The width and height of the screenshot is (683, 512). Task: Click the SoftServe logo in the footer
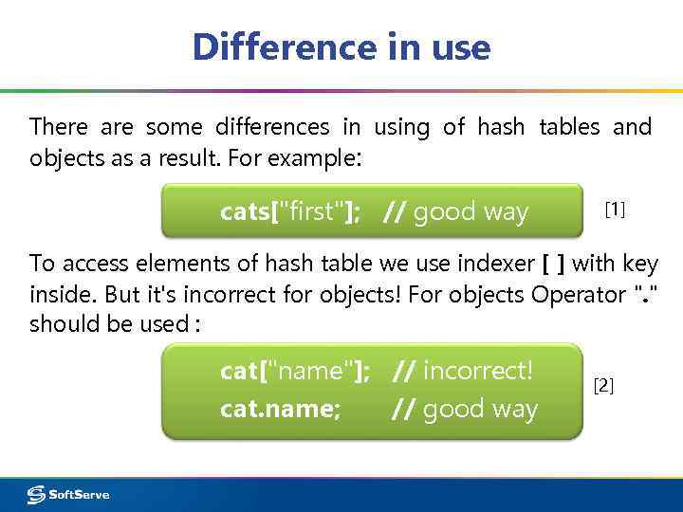coord(68,494)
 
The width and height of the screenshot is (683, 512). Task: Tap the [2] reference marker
coord(603,385)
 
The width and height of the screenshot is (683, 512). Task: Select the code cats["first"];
coord(289,211)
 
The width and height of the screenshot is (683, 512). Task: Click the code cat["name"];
coord(295,371)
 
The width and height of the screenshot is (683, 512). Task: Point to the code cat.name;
coord(280,410)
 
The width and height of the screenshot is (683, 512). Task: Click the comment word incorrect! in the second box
coord(478,371)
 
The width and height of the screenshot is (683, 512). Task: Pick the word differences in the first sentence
coord(272,126)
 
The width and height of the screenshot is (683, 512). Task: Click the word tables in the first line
coord(568,126)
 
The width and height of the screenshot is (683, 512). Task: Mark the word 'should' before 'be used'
coord(65,324)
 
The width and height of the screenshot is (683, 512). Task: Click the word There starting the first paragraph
coord(58,126)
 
